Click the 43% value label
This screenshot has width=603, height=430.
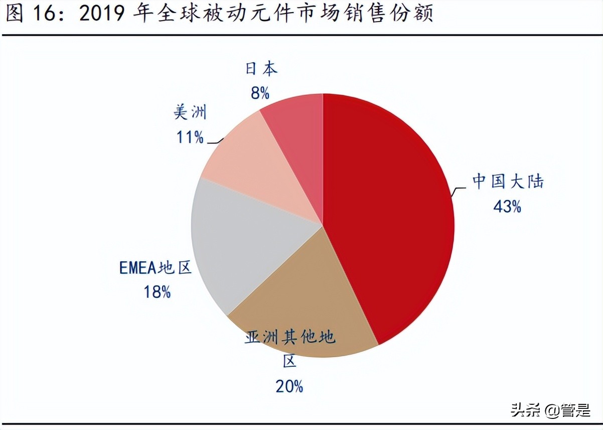(x=507, y=206)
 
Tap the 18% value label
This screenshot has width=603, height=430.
(x=157, y=292)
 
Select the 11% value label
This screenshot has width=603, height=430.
(x=190, y=137)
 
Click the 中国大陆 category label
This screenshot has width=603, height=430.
(x=508, y=181)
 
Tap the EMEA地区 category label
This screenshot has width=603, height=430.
(x=156, y=268)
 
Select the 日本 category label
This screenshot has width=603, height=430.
(x=261, y=69)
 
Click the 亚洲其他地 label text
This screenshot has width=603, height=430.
(x=290, y=337)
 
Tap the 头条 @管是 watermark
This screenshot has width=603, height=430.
(x=551, y=410)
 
